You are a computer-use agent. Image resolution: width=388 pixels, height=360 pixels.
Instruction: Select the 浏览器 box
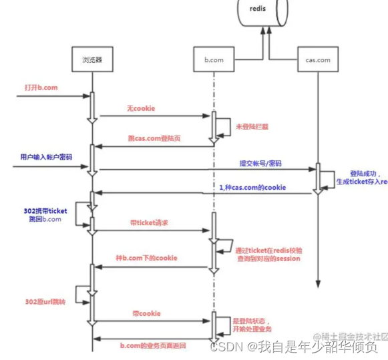[x=90, y=60]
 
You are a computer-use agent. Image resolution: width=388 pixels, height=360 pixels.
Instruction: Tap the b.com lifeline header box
[x=214, y=60]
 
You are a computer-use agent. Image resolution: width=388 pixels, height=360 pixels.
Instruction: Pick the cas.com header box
[x=317, y=60]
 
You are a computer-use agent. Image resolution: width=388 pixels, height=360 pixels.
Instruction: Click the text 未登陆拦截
[x=250, y=125]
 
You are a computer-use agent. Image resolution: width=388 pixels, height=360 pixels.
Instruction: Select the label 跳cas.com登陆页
[x=154, y=138]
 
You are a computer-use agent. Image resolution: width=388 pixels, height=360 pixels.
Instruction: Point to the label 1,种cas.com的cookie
[x=252, y=188]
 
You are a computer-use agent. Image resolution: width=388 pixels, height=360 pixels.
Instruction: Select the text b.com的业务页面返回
[x=153, y=345]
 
